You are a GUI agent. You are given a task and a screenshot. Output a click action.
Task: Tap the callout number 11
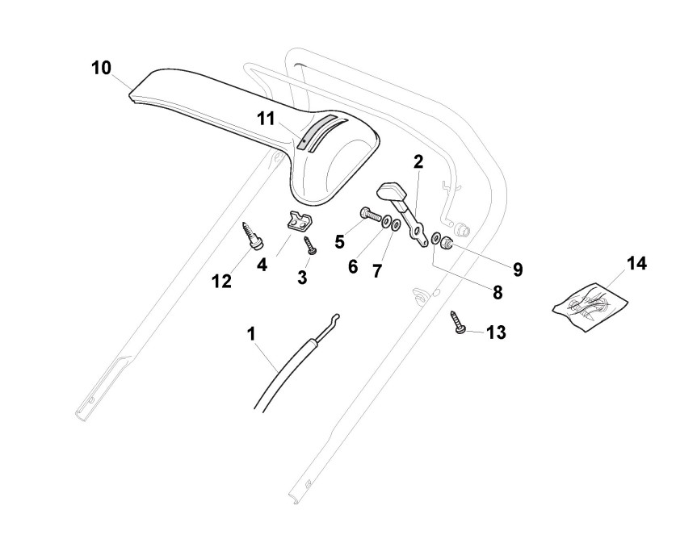267,118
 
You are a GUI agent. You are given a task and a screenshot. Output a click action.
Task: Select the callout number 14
637,264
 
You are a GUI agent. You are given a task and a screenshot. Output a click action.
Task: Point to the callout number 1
251,332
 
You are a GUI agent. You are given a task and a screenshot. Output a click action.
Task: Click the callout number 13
495,332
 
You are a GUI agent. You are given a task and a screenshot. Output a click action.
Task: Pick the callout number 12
221,282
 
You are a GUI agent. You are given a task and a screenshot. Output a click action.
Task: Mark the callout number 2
418,161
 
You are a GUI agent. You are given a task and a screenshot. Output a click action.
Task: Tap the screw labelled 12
248,236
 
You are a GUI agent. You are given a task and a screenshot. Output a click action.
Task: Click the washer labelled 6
386,221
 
